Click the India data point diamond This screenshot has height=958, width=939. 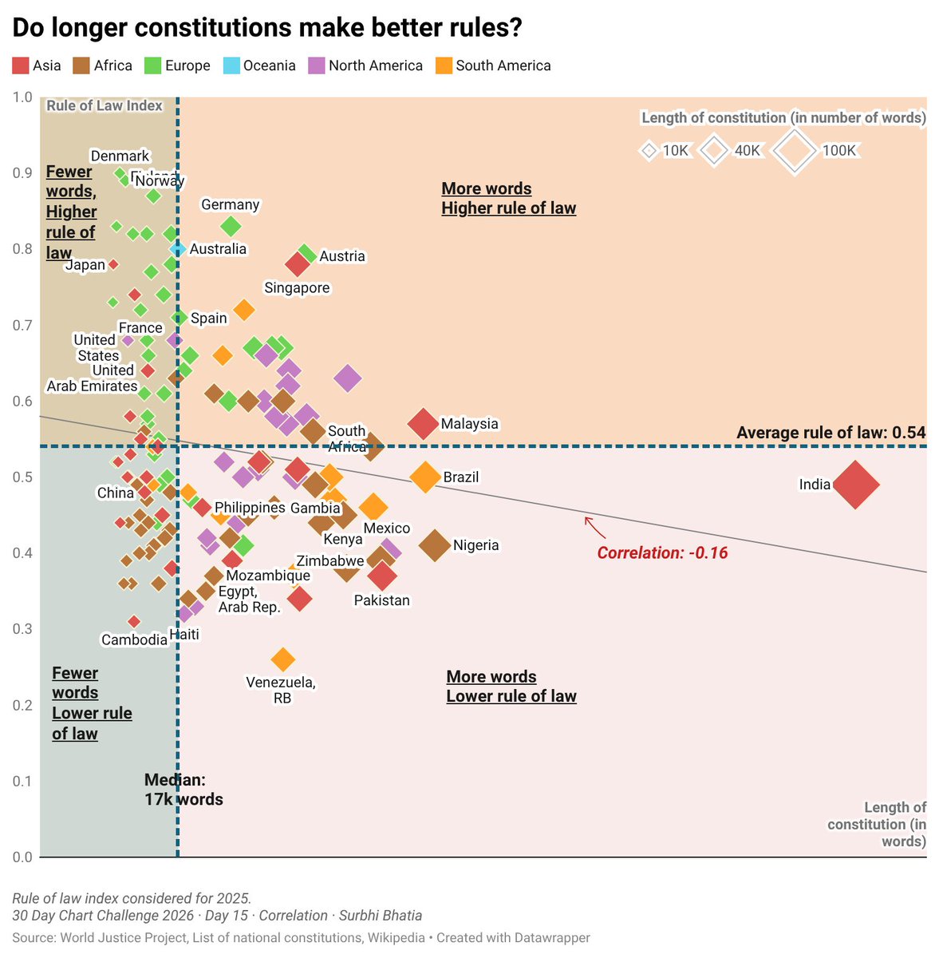coord(855,485)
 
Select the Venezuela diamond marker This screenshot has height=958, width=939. coord(282,659)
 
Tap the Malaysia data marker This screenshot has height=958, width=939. coord(424,424)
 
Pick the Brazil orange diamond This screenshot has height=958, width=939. coord(425,477)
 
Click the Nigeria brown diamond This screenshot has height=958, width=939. coord(435,545)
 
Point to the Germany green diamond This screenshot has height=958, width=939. coord(231,227)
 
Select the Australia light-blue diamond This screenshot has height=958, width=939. coord(178,249)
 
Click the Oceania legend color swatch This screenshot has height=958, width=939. coord(231,65)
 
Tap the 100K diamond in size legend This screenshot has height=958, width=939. coord(794,150)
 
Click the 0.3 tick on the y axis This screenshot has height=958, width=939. coord(22,629)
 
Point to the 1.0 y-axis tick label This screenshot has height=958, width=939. coord(22,97)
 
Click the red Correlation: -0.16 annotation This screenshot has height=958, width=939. coord(662,552)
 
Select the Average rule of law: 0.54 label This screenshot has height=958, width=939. coord(831,433)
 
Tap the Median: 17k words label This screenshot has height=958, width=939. coord(183,790)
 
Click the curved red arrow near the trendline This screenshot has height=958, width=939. coord(595,527)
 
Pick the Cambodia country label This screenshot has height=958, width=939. coord(134,639)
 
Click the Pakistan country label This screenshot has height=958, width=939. coord(381,600)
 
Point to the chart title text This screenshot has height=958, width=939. coord(267,27)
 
